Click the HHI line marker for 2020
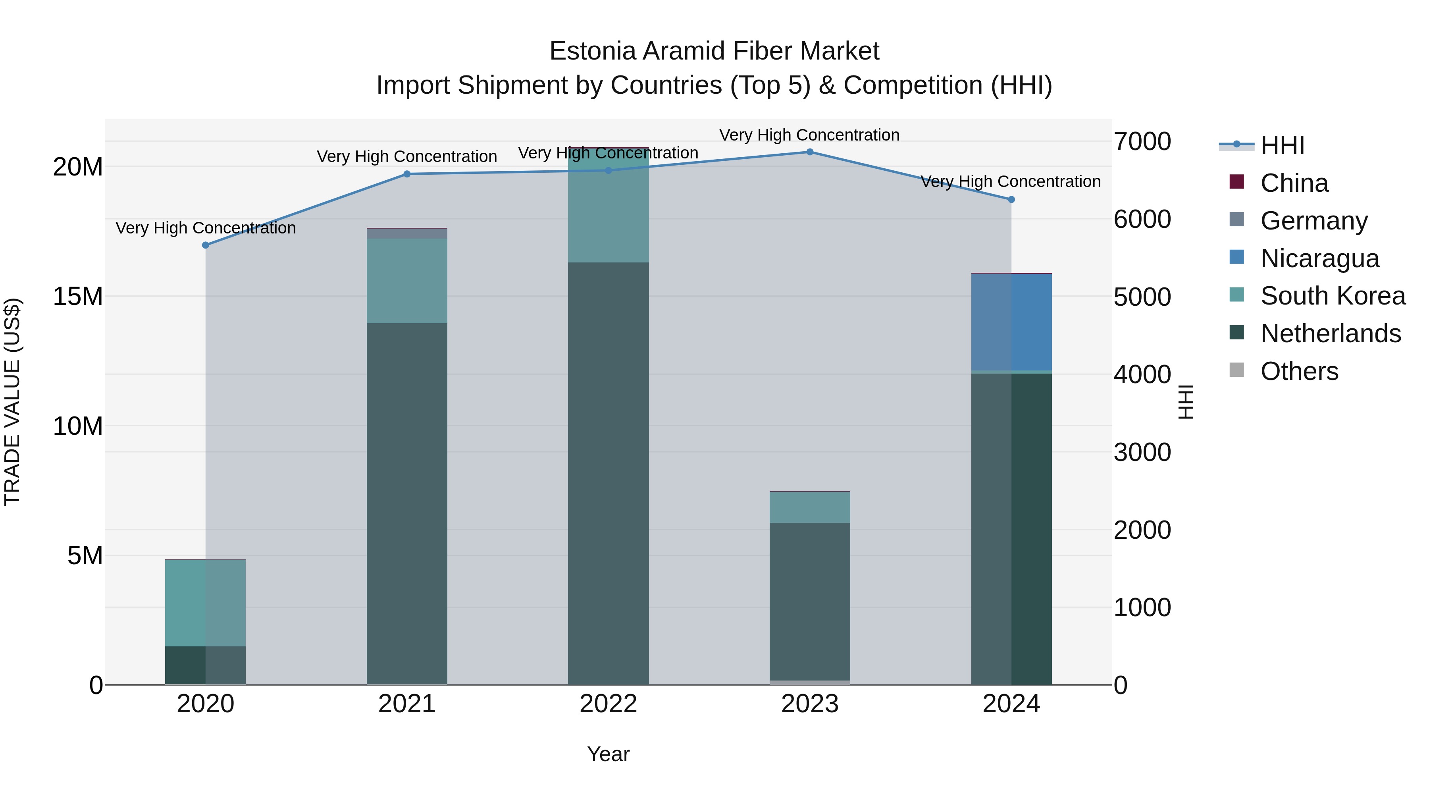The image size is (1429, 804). pyautogui.click(x=205, y=245)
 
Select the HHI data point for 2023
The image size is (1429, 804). pyautogui.click(x=809, y=152)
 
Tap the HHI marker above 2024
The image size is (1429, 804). pyautogui.click(x=1011, y=199)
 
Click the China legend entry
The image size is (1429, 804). pyautogui.click(x=1294, y=183)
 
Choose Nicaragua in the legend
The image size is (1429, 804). pyautogui.click(x=1319, y=258)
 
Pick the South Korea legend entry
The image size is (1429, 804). pyautogui.click(x=1333, y=296)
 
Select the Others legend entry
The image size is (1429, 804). pyautogui.click(x=1299, y=371)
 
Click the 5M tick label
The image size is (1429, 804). pyautogui.click(x=85, y=555)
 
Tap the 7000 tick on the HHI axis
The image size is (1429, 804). pyautogui.click(x=1142, y=141)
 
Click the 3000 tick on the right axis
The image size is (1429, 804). pyautogui.click(x=1142, y=452)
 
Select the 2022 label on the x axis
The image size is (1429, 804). pyautogui.click(x=608, y=704)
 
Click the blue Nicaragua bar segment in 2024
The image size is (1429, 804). pyautogui.click(x=1011, y=322)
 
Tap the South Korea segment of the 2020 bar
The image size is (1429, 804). pyautogui.click(x=205, y=603)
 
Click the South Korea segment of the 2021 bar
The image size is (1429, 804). pyautogui.click(x=406, y=281)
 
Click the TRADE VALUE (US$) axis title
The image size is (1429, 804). pyautogui.click(x=12, y=402)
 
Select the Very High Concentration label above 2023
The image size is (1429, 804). pyautogui.click(x=809, y=135)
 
